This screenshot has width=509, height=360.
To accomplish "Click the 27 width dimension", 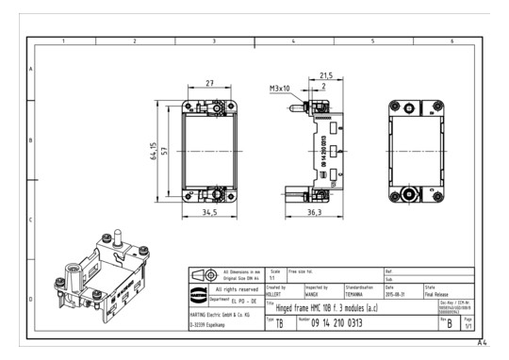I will click(x=209, y=84).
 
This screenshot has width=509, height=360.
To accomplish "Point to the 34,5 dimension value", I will click(x=208, y=214).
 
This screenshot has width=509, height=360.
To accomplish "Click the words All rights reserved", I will click(x=234, y=288).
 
